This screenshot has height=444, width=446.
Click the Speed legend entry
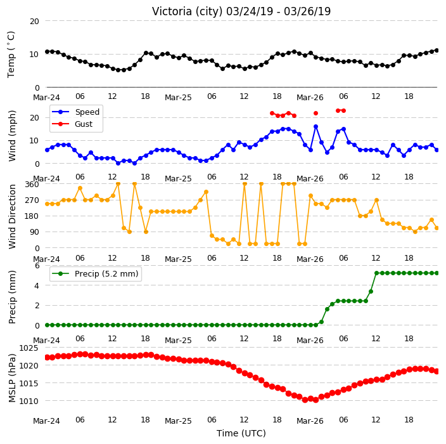[x=75, y=112]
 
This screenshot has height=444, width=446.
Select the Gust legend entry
[x=72, y=124]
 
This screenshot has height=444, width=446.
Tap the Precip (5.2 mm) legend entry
[x=95, y=273]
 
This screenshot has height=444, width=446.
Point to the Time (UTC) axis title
[x=241, y=433]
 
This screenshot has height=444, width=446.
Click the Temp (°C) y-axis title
[x=11, y=55]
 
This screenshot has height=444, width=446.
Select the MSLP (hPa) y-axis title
[x=11, y=378]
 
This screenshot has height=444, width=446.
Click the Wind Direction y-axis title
[x=11, y=216]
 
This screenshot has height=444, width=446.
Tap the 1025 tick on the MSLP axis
[x=29, y=348]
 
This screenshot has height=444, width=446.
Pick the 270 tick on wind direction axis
[x=32, y=200]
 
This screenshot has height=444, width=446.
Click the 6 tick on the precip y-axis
[x=37, y=266]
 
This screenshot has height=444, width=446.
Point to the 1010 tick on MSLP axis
[x=29, y=402]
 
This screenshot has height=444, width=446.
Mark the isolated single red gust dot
[x=315, y=114]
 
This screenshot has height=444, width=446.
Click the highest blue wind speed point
[x=315, y=126]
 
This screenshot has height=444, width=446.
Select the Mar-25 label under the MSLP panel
[x=178, y=421]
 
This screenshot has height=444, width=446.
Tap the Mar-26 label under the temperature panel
[x=310, y=98]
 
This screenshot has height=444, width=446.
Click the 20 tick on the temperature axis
[x=34, y=22]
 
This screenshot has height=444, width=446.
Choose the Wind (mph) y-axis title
[x=11, y=136]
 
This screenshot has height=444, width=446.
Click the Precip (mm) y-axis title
[x=11, y=297]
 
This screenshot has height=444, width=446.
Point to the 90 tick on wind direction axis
[x=34, y=232]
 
